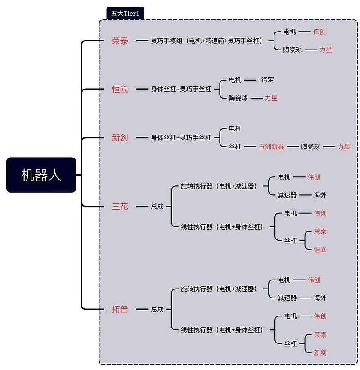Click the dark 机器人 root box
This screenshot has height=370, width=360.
(x=41, y=175)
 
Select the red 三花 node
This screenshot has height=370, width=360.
(x=120, y=207)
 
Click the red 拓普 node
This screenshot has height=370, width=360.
(x=120, y=309)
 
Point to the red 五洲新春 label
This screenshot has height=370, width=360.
(x=271, y=146)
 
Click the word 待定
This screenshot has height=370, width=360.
(x=267, y=80)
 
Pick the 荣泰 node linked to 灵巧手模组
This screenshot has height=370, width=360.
(x=120, y=41)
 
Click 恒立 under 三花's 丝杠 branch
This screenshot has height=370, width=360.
(x=320, y=249)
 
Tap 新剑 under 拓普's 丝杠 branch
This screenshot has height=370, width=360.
(x=320, y=352)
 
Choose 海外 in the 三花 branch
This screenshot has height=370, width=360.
(x=320, y=195)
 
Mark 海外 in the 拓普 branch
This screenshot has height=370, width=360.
(x=320, y=298)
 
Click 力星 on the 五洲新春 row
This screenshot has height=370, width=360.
(x=344, y=146)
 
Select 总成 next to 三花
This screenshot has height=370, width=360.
(x=157, y=207)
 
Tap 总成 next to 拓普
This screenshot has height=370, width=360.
(x=157, y=309)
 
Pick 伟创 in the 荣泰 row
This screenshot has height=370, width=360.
(x=319, y=32)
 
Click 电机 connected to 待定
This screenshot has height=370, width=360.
(x=235, y=80)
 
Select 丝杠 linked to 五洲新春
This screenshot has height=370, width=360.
(x=235, y=146)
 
